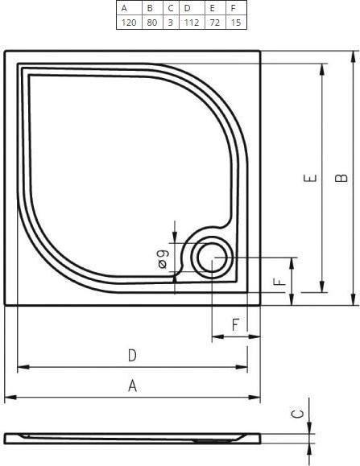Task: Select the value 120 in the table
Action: [129, 23]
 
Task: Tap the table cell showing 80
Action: [152, 23]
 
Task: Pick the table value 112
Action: [192, 23]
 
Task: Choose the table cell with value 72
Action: [215, 23]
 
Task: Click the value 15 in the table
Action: [236, 23]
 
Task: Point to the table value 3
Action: [171, 23]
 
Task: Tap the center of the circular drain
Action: [212, 258]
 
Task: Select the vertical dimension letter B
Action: [341, 178]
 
